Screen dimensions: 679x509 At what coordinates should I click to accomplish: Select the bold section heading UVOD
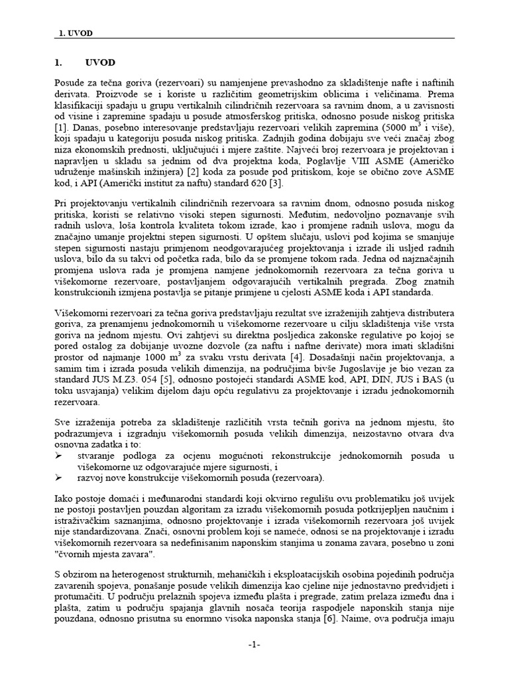coord(100,62)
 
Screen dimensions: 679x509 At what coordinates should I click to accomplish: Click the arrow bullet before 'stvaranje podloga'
coord(58,455)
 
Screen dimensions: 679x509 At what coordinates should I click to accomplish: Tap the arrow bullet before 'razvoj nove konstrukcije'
coord(58,476)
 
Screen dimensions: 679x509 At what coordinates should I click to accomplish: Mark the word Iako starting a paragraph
coord(64,497)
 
